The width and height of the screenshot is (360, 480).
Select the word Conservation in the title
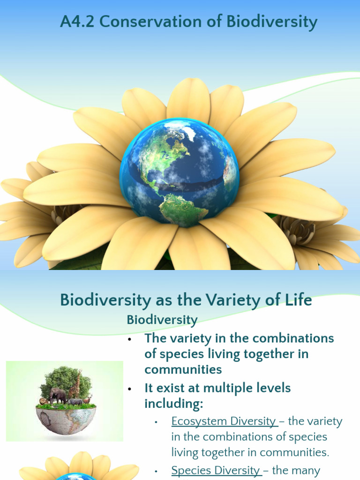pos(143,22)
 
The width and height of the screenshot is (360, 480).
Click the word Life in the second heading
pos(298,300)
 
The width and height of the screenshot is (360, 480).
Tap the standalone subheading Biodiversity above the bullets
pos(162,320)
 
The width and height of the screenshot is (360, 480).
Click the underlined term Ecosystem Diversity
pos(224,421)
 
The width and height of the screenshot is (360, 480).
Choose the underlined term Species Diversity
pos(216,470)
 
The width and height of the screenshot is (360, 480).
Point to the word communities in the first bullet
pos(183,369)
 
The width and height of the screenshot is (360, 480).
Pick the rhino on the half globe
pos(75,402)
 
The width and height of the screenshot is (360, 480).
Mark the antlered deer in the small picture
pos(87,399)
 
